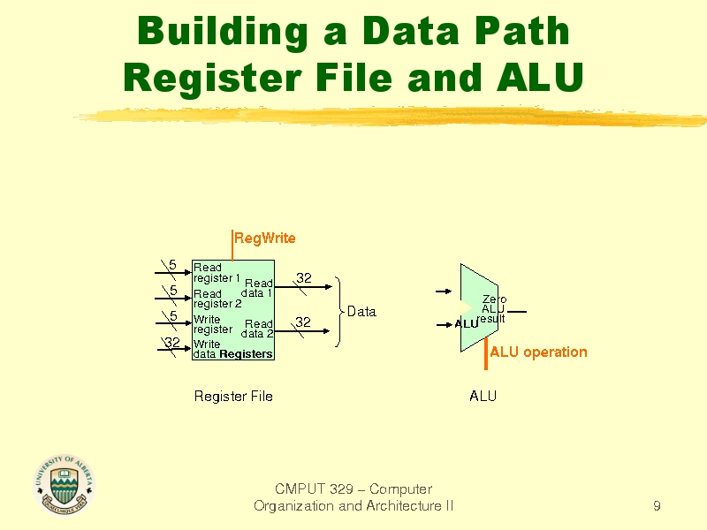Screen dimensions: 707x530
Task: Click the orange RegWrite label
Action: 265,238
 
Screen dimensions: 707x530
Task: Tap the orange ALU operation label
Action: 538,352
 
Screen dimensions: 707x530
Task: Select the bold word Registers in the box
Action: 247,354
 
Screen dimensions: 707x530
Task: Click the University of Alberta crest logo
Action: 64,485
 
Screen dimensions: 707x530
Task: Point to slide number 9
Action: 657,505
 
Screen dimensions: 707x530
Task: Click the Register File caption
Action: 233,396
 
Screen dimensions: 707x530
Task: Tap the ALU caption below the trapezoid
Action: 483,396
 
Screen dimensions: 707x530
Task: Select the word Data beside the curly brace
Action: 361,312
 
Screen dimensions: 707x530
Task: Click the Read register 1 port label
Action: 217,273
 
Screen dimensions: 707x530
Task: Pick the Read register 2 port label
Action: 217,299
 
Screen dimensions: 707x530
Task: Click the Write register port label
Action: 213,324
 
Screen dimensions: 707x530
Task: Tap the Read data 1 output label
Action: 257,288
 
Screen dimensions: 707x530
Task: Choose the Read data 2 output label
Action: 257,329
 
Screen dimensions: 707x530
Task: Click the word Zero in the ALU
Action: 495,299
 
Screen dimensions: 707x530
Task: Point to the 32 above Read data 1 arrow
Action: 304,278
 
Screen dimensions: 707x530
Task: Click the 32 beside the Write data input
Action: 172,343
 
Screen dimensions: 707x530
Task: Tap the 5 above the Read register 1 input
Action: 172,264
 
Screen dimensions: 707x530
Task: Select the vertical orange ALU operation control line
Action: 485,353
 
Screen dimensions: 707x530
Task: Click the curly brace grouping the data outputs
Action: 338,312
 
